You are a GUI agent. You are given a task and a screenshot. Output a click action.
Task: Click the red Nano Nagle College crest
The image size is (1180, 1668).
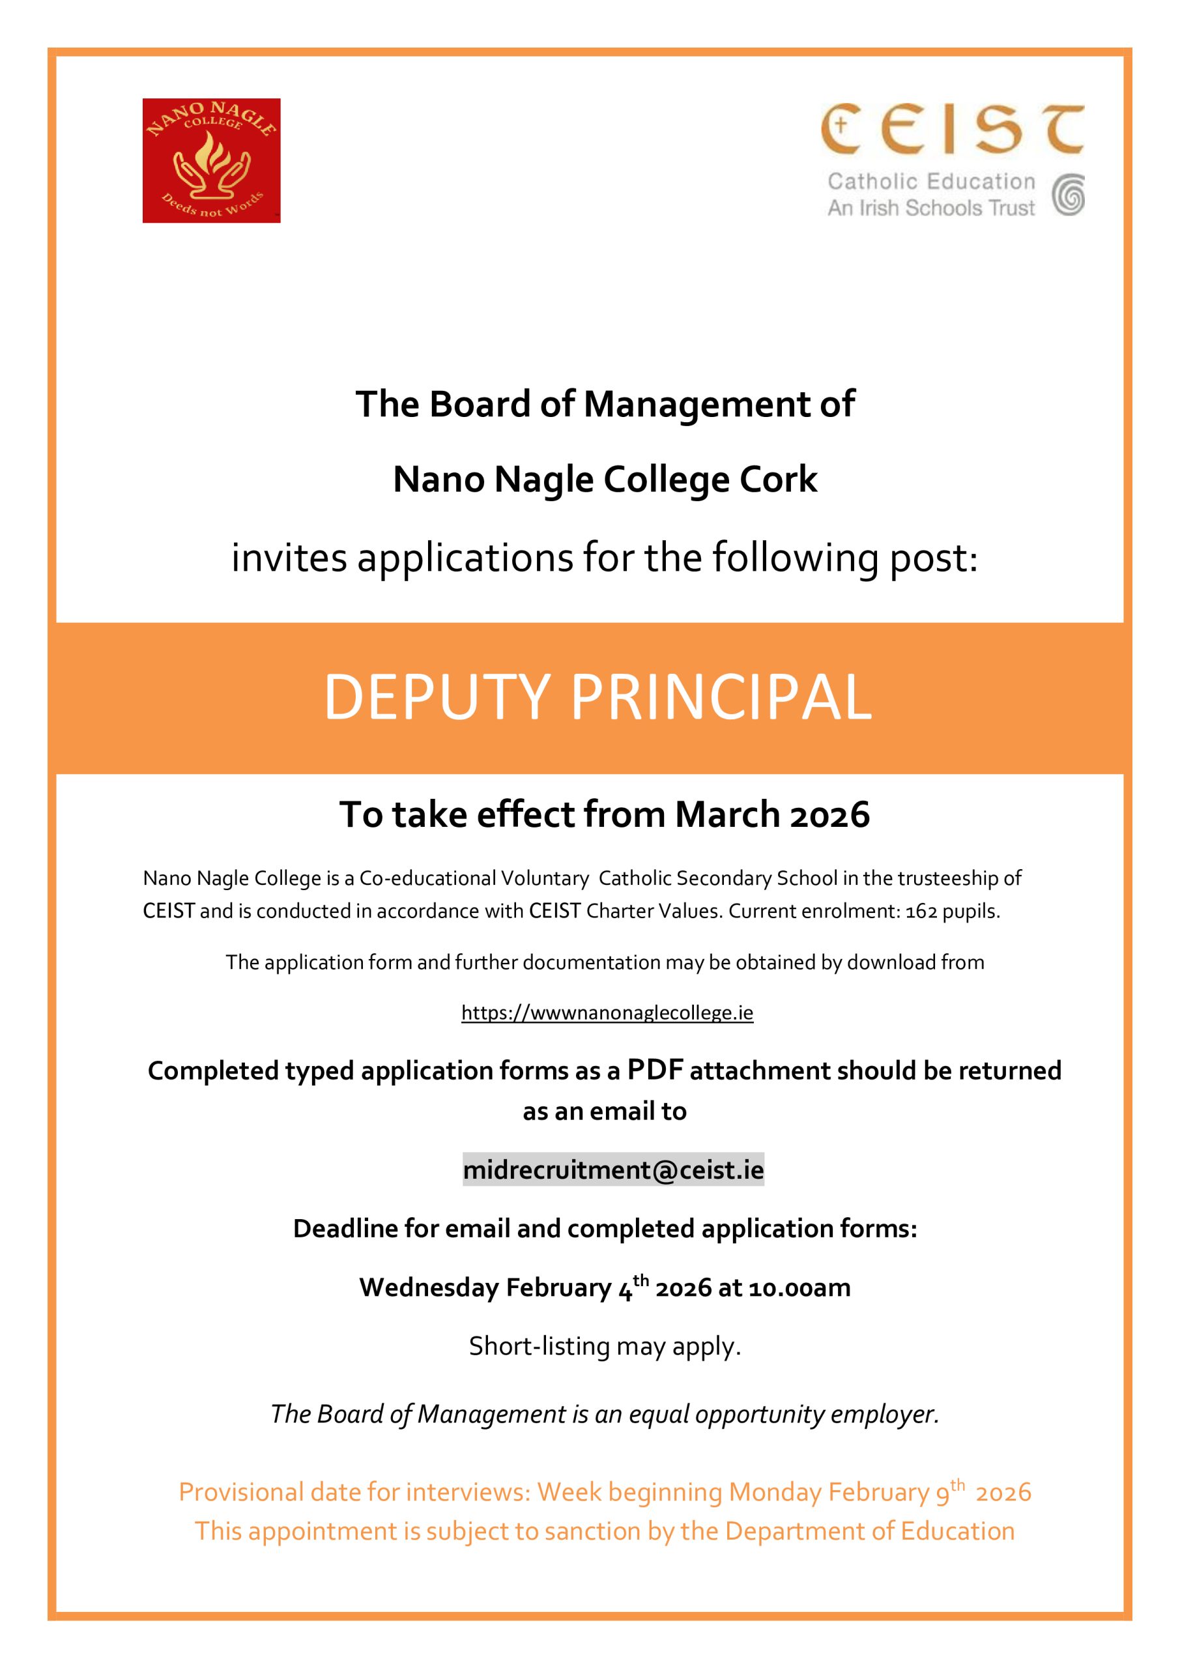coord(212,160)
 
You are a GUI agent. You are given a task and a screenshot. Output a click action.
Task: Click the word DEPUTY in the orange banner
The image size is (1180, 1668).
coord(436,697)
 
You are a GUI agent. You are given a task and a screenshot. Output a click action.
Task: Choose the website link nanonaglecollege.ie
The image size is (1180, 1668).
coord(607,1013)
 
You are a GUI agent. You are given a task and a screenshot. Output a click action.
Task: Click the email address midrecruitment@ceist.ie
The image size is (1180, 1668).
coord(613,1170)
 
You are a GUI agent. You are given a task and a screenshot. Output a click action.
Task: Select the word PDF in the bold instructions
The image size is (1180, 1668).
coord(655,1070)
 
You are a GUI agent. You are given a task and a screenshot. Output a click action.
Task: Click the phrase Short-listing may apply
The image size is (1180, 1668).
coord(605,1346)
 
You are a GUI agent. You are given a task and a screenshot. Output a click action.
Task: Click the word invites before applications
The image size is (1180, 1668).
coord(289,558)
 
